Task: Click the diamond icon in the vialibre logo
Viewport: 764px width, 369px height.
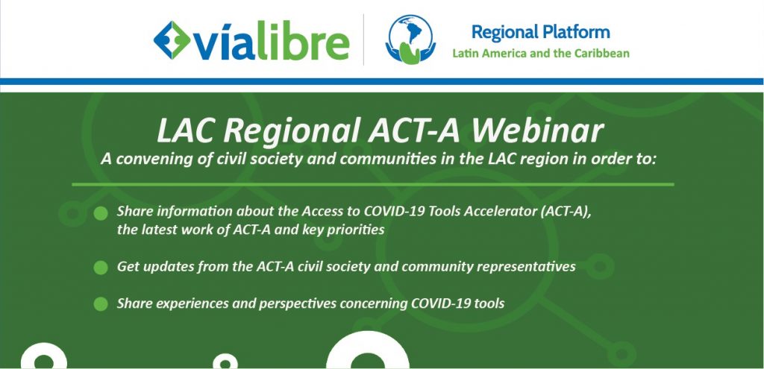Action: click(172, 40)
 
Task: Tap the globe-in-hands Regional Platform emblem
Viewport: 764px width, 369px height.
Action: click(410, 40)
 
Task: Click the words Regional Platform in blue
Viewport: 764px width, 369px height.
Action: click(540, 33)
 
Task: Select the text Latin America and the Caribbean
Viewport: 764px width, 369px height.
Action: click(541, 53)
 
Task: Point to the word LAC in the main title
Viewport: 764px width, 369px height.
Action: click(186, 131)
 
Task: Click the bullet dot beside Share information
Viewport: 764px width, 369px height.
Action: click(101, 213)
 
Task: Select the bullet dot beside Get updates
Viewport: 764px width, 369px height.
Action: click(101, 268)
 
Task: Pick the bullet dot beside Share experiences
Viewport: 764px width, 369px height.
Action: click(101, 303)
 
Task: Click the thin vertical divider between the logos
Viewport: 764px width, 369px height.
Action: click(363, 40)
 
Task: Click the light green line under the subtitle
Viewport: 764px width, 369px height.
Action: click(373, 185)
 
